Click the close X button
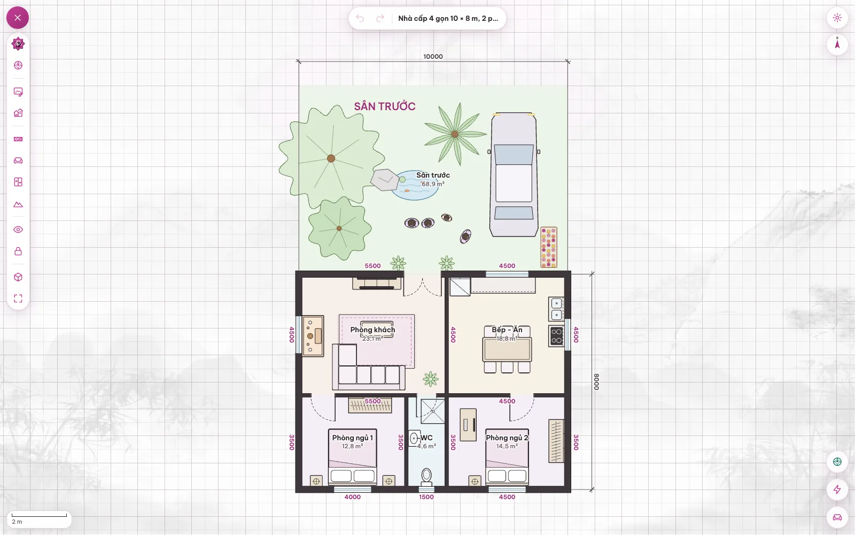click(x=18, y=18)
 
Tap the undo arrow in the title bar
click(x=360, y=18)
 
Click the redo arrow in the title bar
click(x=380, y=18)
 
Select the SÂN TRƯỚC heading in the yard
click(x=384, y=106)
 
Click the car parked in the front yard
click(x=514, y=174)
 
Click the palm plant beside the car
click(x=455, y=134)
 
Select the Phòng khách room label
click(x=372, y=330)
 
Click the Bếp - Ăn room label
click(x=507, y=330)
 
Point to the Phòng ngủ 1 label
click(x=352, y=438)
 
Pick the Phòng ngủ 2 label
click(x=507, y=438)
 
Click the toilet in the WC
click(x=426, y=477)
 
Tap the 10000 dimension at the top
click(x=433, y=57)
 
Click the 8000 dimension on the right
click(x=596, y=382)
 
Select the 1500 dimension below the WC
click(x=426, y=497)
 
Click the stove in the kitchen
click(x=556, y=336)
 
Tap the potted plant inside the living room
click(x=431, y=379)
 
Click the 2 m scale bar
click(x=40, y=516)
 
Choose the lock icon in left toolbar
click(x=18, y=251)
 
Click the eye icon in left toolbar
click(x=18, y=230)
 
